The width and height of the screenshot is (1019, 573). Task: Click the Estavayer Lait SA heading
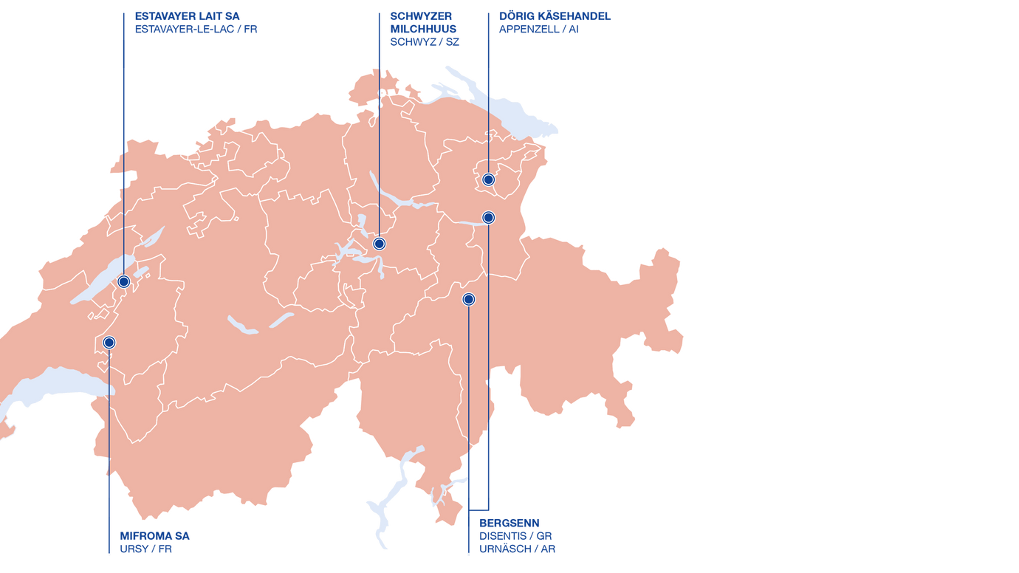187,16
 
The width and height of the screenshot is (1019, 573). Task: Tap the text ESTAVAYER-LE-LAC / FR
196,30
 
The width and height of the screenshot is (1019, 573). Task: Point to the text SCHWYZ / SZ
424,42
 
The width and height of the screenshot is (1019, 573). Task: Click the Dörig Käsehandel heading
555,16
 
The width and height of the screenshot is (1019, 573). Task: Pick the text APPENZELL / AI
538,30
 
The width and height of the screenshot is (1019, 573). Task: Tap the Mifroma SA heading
154,536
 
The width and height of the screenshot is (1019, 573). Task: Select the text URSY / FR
145,549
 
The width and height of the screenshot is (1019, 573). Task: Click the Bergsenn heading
509,524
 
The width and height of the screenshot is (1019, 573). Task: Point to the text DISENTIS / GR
515,536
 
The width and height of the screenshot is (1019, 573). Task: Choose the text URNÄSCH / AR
517,549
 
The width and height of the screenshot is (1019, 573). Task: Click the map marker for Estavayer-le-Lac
124,281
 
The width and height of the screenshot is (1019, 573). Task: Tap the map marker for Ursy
109,343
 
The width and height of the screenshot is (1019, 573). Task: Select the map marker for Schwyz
379,244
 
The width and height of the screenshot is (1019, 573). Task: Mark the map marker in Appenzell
488,179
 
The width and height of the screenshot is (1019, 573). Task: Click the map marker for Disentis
468,299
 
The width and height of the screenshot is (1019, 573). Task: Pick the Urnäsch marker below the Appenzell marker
488,217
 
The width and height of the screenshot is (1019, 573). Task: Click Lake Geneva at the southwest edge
52,384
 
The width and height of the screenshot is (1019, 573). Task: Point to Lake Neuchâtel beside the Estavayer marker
103,281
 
